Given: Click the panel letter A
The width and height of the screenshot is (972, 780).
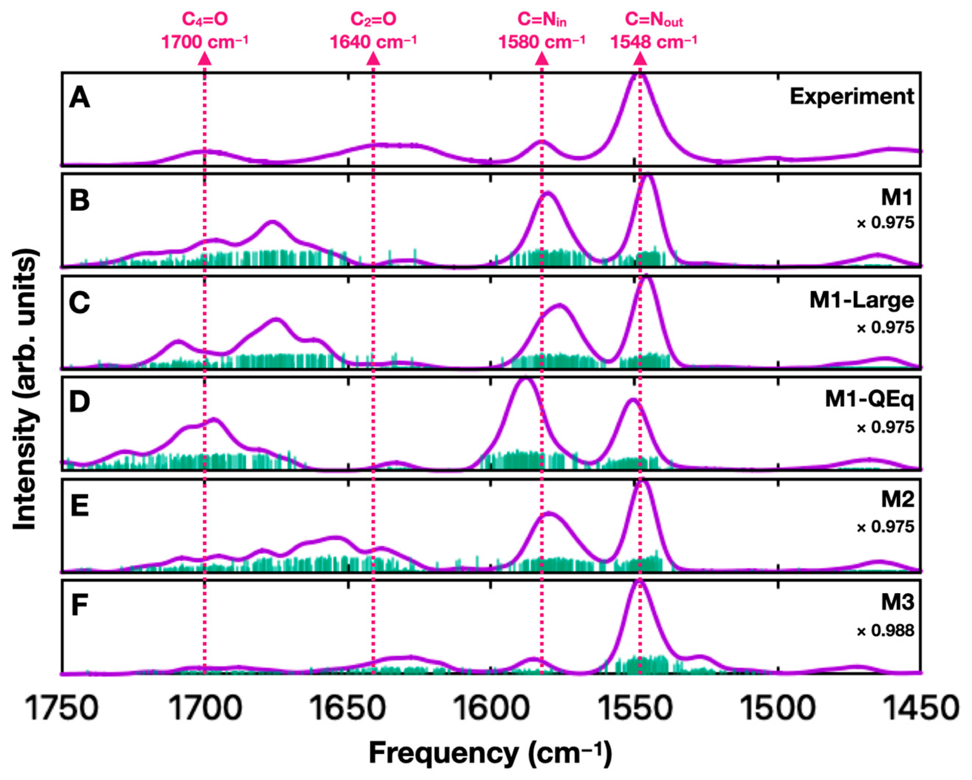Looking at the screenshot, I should [x=79, y=98].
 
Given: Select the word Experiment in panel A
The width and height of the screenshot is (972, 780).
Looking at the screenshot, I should [x=851, y=97].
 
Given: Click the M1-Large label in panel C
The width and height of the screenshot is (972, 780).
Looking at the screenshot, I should [x=861, y=300].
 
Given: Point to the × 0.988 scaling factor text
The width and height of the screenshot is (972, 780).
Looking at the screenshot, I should [x=885, y=631].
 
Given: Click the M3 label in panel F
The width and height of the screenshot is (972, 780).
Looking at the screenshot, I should [x=897, y=602].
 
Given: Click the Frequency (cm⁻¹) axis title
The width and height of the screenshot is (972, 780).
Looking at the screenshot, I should [x=490, y=753].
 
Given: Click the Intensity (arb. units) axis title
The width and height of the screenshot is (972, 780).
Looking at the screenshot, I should [x=24, y=389].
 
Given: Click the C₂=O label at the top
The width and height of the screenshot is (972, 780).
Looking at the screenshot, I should [x=373, y=19].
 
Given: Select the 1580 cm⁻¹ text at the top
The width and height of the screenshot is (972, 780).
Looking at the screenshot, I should [x=541, y=42].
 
